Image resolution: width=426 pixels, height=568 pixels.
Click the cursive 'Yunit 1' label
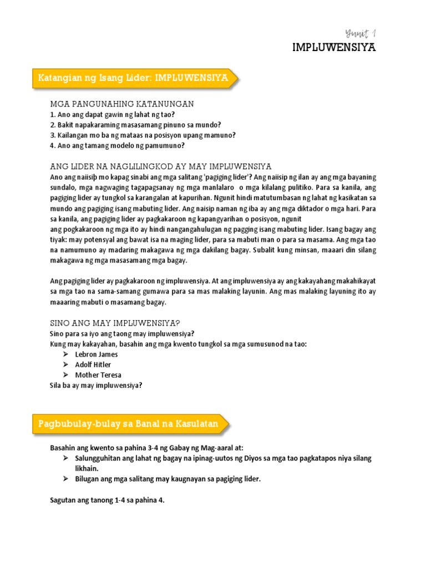coord(361,34)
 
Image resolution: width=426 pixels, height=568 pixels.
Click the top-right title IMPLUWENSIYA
coord(334,48)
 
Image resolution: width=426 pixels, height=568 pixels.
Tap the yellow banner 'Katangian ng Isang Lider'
coord(133,78)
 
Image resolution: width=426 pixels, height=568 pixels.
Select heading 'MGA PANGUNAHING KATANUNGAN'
coord(122,104)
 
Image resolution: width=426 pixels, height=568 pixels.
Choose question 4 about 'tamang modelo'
coord(117,145)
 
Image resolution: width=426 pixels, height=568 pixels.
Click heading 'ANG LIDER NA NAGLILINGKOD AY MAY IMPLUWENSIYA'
coord(160,166)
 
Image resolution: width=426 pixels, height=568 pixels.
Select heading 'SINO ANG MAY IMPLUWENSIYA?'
coord(115,323)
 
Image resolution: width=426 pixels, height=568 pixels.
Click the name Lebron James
coord(96,354)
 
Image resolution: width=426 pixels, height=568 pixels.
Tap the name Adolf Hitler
coord(93,364)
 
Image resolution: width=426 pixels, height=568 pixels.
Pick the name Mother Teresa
coord(98,375)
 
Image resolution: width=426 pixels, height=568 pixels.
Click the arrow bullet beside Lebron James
coord(65,354)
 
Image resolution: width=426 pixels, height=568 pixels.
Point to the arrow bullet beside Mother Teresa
coord(65,375)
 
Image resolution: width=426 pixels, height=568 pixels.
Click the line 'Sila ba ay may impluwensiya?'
coord(96,386)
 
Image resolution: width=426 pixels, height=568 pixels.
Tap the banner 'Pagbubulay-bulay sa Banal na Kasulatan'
coord(128,425)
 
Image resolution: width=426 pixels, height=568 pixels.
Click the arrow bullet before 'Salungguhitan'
coord(65,458)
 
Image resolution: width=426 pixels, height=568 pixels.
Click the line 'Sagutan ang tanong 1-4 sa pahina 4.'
coord(107,500)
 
